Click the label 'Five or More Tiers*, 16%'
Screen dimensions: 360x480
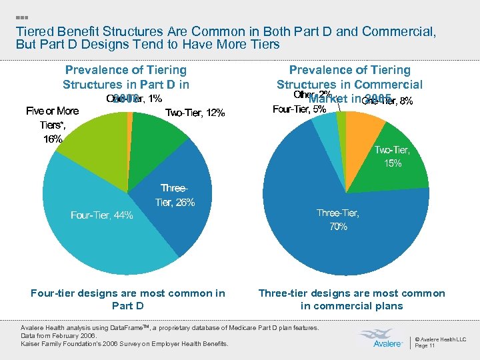point(52,125)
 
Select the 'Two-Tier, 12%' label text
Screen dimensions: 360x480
point(195,113)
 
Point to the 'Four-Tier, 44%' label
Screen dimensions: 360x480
point(101,215)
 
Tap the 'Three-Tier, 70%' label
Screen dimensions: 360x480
point(338,219)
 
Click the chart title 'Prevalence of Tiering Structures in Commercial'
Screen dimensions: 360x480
point(349,77)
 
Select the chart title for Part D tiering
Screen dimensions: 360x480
point(125,77)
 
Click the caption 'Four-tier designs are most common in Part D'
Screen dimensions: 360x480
point(128,299)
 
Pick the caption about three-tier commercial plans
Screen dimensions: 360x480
point(351,299)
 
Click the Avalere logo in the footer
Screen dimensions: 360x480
point(382,339)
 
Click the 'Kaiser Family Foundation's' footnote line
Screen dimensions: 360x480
point(125,343)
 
